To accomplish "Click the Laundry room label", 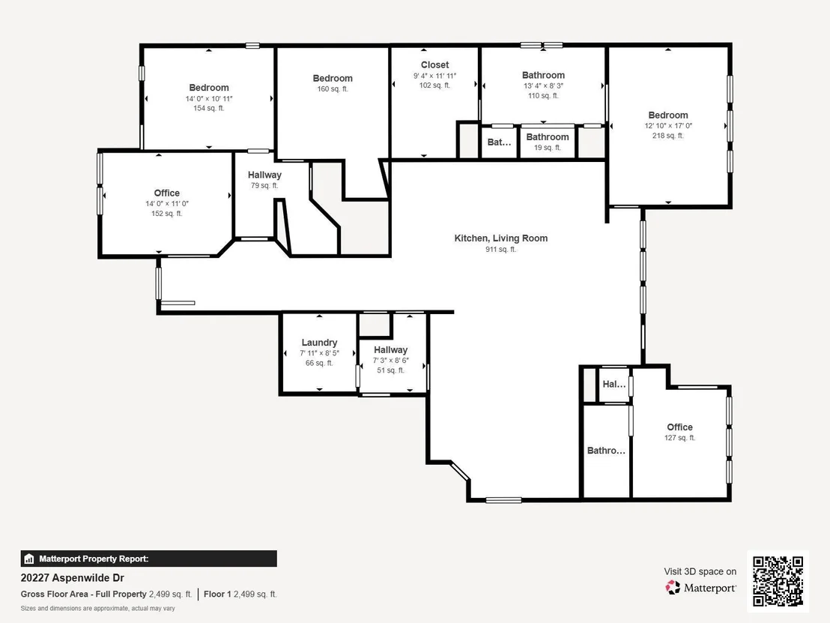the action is click(x=319, y=342).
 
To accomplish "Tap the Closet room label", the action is click(x=434, y=64).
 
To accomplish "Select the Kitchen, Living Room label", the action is click(x=500, y=238).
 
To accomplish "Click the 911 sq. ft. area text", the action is click(x=500, y=250).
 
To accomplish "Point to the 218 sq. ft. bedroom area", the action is click(x=668, y=136).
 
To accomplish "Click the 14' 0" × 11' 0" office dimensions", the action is click(x=167, y=203).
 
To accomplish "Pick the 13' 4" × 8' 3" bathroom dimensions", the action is click(x=543, y=85).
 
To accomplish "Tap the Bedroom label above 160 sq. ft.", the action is click(x=333, y=79).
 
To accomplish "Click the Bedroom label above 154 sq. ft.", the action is click(x=209, y=88).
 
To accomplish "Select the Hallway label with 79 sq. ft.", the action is click(x=264, y=175).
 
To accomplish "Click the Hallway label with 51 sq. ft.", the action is click(x=390, y=349).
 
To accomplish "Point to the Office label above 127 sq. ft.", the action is click(x=679, y=427).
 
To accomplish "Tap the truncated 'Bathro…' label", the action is click(x=606, y=451).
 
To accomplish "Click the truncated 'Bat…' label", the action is click(x=499, y=142).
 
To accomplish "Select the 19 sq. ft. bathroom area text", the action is click(x=548, y=148).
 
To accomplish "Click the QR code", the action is click(x=778, y=581).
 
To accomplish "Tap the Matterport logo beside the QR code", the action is click(x=700, y=588).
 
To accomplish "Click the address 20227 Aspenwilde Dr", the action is click(x=73, y=577).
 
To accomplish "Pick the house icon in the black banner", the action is click(x=29, y=559).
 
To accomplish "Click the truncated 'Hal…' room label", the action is click(x=614, y=384).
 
